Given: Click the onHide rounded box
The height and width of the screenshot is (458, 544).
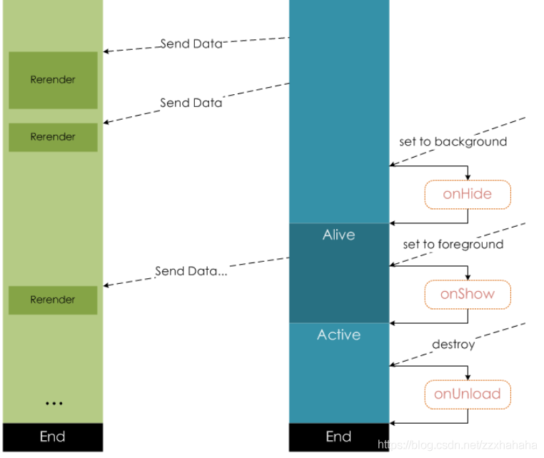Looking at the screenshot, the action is coord(468,195).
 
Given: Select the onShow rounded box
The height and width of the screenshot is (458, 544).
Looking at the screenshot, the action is coord(468,295).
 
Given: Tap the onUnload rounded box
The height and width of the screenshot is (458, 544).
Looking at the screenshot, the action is coord(468,395).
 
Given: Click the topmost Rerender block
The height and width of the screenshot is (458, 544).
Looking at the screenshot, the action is coord(53,80).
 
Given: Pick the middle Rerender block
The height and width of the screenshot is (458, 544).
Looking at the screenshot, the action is coord(53,137).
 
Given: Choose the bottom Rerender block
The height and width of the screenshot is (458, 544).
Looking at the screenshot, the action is coord(53,300).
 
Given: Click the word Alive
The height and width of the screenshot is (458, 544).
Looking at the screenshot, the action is coord(339,235).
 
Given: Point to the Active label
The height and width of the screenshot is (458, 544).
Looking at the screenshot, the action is coord(339,335).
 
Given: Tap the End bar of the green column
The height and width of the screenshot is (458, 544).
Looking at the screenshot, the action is coord(53,437).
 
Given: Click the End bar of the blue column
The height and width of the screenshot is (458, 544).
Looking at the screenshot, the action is coord(339,437).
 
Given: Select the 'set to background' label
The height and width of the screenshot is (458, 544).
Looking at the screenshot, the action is coord(453,142).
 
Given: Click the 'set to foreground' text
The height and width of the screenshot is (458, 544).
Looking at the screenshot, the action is coord(453,245).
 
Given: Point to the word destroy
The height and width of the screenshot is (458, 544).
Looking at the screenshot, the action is coord(453,345).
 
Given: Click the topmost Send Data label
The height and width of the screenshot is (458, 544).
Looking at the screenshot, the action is coord(191,44).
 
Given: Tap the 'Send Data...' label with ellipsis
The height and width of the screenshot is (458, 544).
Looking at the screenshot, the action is coord(191,271).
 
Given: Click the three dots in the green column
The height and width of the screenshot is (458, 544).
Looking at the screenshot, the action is coord(54,403).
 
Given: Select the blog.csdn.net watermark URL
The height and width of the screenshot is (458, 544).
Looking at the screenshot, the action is coord(458,444).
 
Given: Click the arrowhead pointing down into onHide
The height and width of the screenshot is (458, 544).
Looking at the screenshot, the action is coord(468,178).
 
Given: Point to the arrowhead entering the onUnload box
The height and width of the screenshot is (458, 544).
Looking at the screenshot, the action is coord(468,377).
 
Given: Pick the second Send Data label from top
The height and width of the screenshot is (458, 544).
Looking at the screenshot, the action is coord(191,103).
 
